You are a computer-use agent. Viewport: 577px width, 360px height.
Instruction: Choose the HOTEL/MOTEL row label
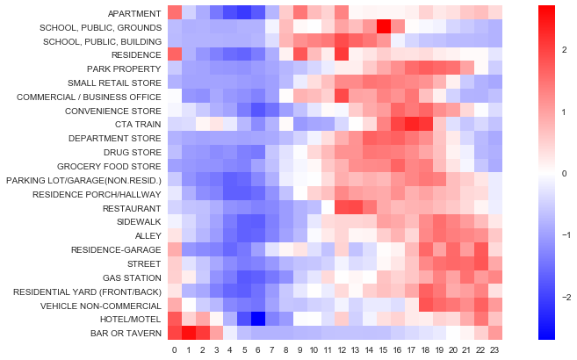132,319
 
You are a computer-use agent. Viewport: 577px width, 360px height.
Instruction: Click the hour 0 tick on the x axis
175,350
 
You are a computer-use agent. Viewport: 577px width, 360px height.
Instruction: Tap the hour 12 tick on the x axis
343,350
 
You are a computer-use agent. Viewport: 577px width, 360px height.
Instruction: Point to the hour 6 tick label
258,350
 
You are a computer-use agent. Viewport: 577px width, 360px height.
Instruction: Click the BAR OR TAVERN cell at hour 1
189,333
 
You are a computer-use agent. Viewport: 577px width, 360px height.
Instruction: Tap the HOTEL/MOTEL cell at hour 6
258,319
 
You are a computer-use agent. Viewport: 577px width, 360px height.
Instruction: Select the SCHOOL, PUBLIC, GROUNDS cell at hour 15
384,26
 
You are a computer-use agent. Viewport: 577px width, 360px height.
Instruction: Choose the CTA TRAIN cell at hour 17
412,124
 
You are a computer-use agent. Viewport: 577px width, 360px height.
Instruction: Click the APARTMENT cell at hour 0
175,12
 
